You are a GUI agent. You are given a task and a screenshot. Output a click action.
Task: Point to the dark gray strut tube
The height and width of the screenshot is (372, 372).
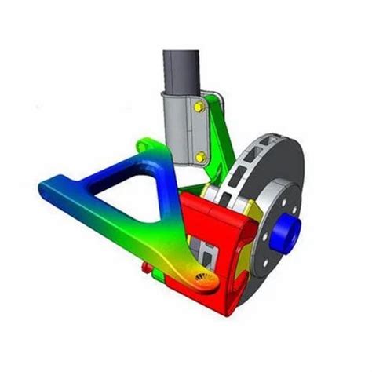(x=182, y=71)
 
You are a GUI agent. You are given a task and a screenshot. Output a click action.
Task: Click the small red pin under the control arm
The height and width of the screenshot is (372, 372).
(x=145, y=268)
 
